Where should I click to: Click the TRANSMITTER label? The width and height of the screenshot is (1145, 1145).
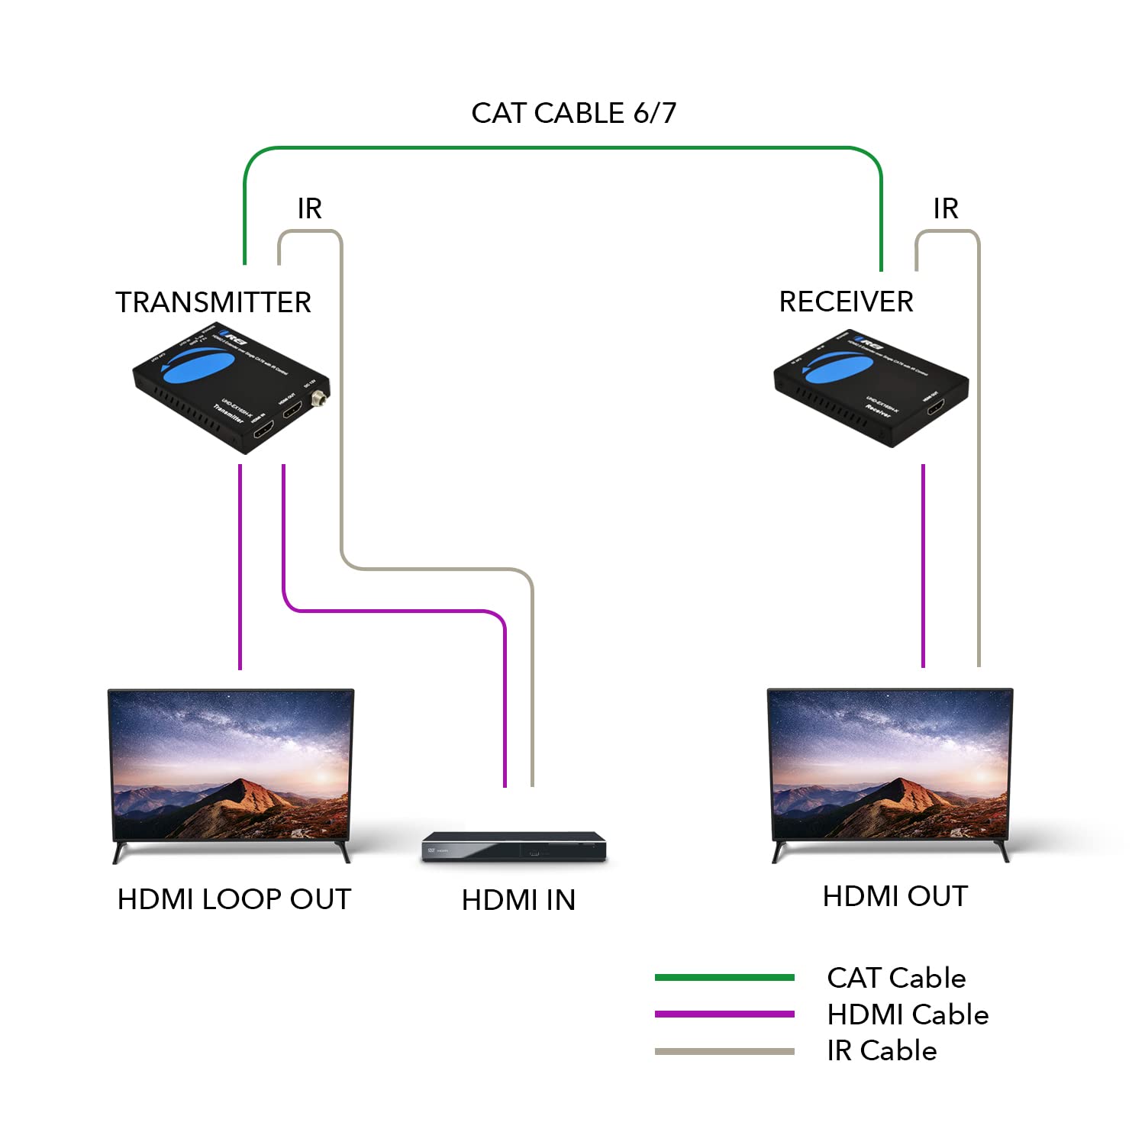pos(213,302)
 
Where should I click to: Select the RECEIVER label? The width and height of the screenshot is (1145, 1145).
pos(846,302)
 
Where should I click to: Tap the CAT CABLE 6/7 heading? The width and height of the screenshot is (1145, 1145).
pos(573,113)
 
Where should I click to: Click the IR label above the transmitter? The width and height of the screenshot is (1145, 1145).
pos(309,208)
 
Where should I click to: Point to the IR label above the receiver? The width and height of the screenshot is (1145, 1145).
pos(945,208)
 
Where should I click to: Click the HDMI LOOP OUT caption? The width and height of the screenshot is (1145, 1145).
pos(234,899)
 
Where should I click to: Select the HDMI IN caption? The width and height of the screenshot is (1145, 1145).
pos(518,900)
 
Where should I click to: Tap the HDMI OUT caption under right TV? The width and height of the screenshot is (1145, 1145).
pos(895,896)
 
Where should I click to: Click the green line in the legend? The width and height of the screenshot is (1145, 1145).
pos(724,978)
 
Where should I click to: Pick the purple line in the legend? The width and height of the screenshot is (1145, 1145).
pos(724,1014)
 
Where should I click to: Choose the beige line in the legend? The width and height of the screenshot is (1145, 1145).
pos(724,1051)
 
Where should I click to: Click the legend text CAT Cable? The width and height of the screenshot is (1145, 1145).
pos(896,978)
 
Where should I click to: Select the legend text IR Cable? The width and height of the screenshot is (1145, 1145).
pos(882,1051)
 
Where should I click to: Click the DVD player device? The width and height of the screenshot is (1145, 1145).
pos(514,847)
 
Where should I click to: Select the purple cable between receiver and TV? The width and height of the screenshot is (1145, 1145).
pos(923,565)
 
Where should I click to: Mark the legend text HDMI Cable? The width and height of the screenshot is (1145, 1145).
pos(908,1014)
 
